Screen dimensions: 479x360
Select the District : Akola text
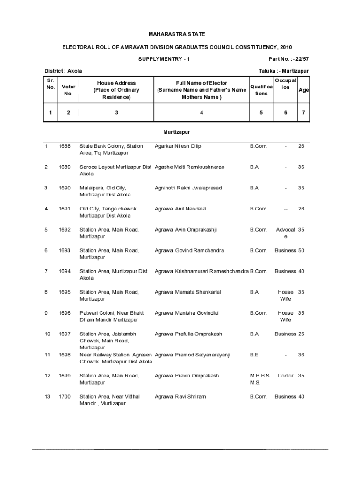(63, 71)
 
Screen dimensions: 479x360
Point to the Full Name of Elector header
(202, 90)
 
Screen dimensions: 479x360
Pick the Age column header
(303, 90)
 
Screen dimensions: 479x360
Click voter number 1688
(65, 146)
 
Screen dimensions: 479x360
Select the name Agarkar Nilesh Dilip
(178, 146)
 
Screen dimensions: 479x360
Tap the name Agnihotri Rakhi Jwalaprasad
(188, 188)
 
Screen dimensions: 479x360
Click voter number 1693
(65, 251)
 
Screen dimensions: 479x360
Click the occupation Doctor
(285, 376)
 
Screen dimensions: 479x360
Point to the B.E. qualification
(255, 355)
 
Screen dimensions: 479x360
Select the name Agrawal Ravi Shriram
(180, 397)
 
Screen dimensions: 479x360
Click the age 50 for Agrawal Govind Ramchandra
(301, 251)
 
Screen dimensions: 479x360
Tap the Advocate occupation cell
(286, 233)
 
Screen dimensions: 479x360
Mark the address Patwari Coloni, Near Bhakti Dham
(112, 317)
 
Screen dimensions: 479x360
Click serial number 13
(47, 397)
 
